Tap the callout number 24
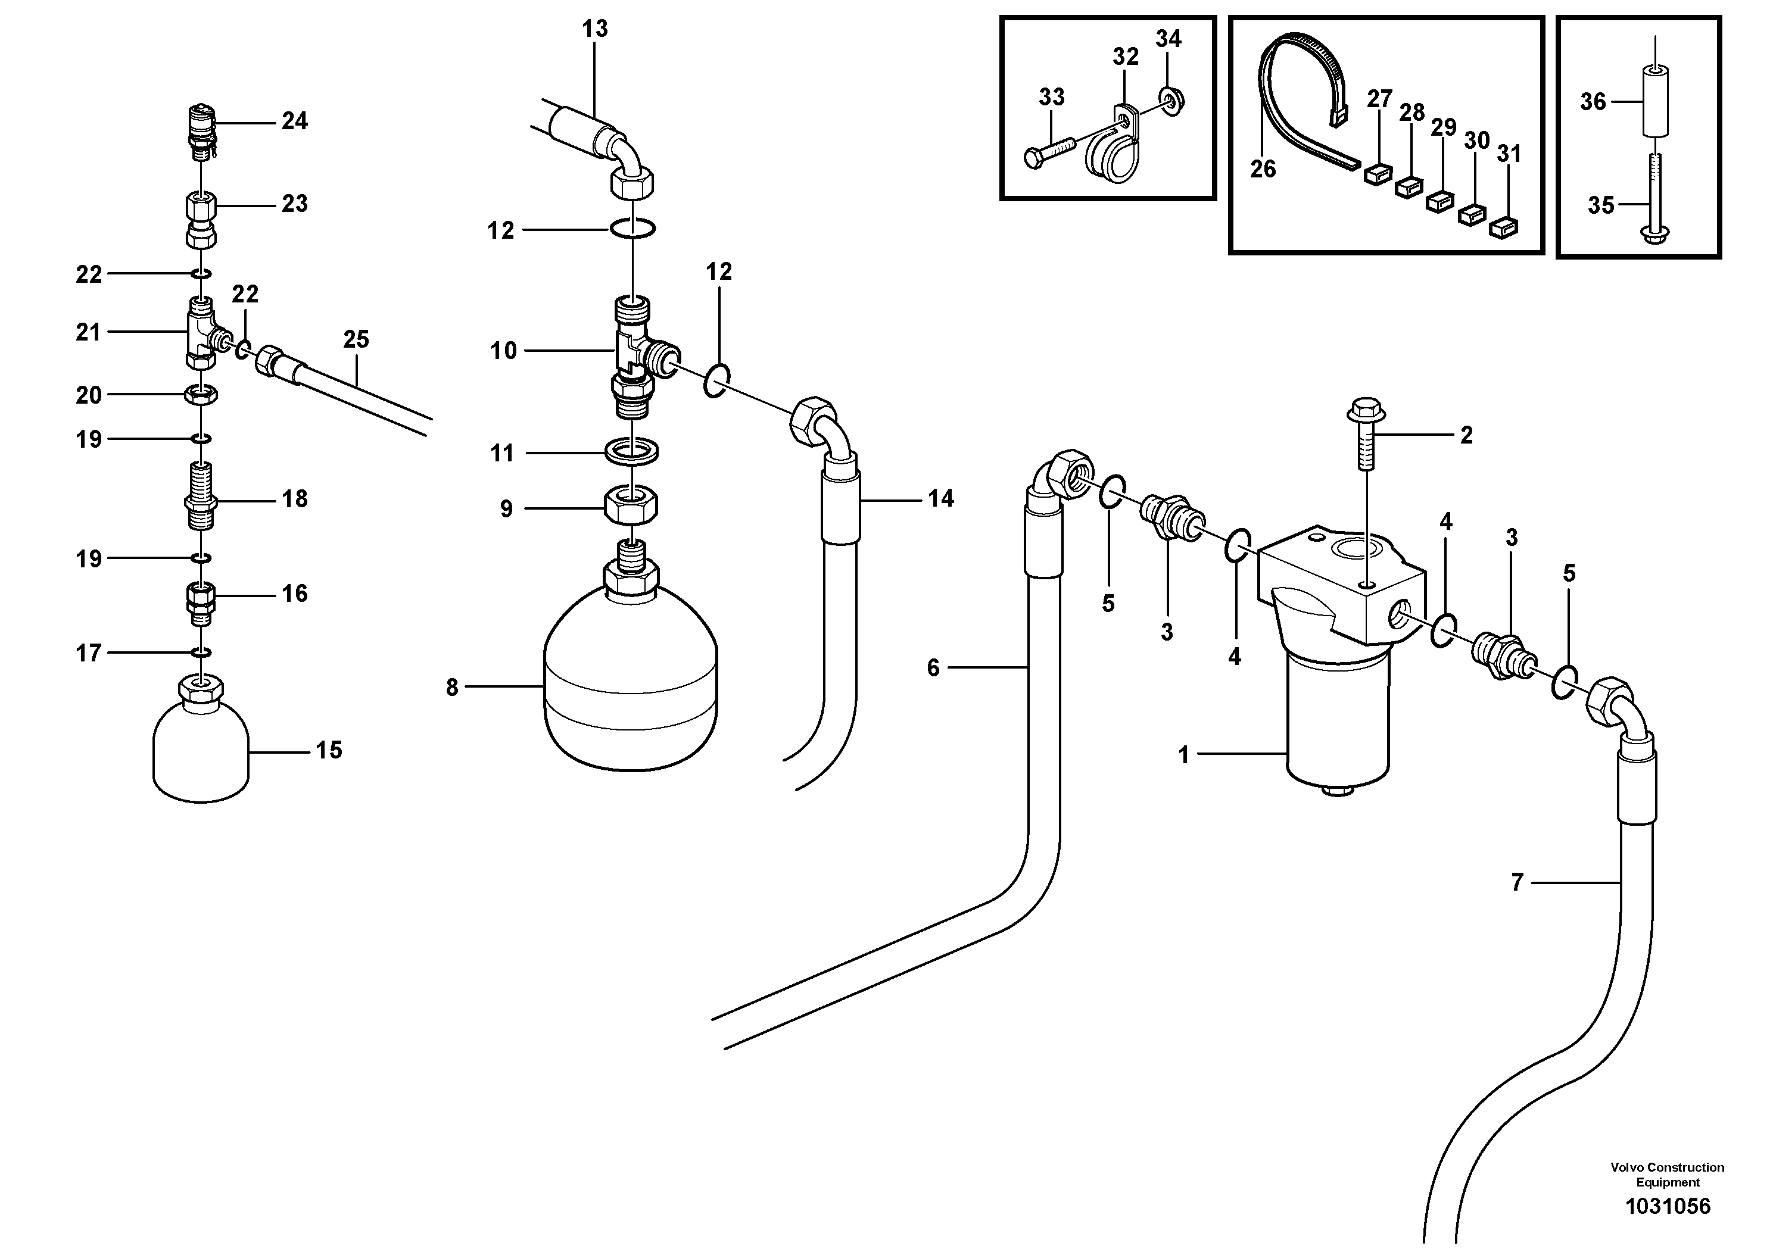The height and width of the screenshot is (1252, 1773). pyautogui.click(x=294, y=121)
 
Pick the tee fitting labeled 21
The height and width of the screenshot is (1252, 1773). pyautogui.click(x=201, y=334)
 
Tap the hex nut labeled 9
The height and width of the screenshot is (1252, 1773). pyautogui.click(x=631, y=507)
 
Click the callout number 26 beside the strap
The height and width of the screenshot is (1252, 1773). pyautogui.click(x=1263, y=169)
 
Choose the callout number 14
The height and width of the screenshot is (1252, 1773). pyautogui.click(x=940, y=499)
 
